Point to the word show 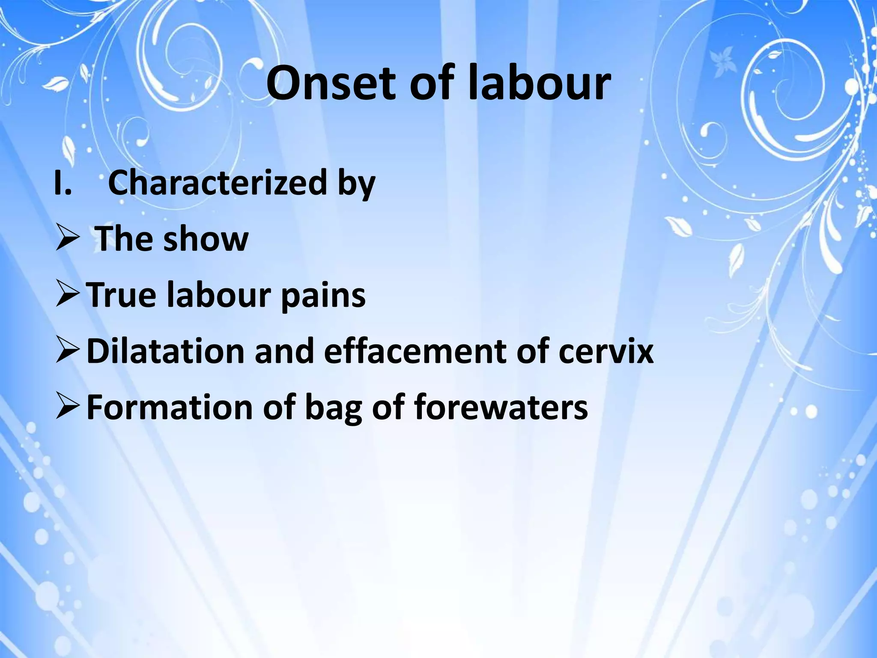click(206, 239)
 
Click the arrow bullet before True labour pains click(67, 296)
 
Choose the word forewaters click(501, 407)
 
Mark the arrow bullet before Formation click(67, 408)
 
